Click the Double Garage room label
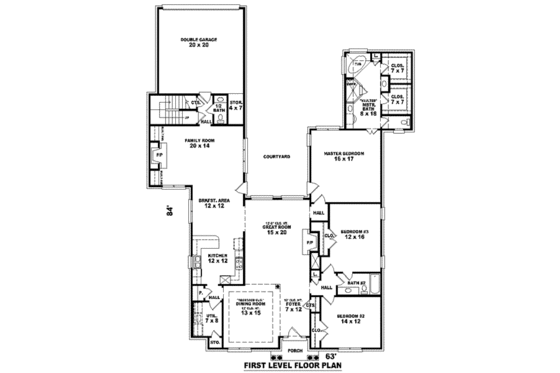[200, 41]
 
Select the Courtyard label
[276, 157]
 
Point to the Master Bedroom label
[344, 155]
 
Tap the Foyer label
[293, 305]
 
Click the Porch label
[294, 351]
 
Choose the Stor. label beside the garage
[237, 105]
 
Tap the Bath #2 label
[356, 284]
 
